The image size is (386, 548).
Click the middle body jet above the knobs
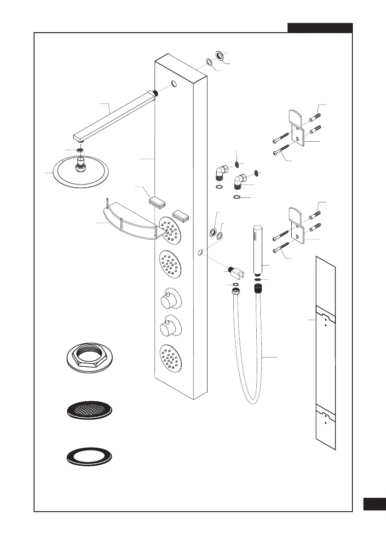tap(169, 265)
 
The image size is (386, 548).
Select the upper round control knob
tap(167, 300)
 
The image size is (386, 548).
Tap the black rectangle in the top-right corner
tap(320, 28)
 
